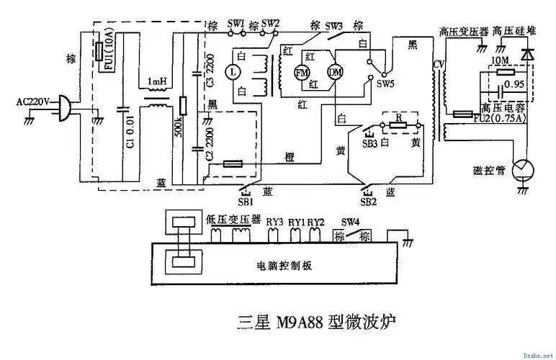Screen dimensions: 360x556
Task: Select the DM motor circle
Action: click(x=335, y=72)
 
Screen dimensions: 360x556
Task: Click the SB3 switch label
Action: click(x=369, y=143)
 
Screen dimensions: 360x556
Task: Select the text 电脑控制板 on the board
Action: click(x=284, y=265)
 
